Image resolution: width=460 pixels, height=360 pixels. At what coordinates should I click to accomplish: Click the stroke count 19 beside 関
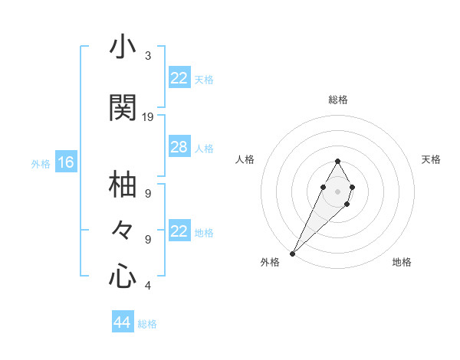[x=148, y=117]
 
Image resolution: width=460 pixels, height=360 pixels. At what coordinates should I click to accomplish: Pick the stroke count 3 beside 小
[x=148, y=56]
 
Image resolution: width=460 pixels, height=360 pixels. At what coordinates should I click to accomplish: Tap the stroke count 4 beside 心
[x=148, y=286]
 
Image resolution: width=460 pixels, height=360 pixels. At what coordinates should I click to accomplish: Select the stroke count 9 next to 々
[x=148, y=240]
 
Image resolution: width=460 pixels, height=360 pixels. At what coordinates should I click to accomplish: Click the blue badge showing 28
[x=179, y=147]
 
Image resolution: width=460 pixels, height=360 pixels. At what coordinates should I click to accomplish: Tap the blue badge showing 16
[x=65, y=162]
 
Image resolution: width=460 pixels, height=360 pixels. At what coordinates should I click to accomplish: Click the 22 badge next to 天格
[x=179, y=78]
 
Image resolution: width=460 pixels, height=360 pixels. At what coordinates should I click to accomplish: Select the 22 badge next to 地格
[x=179, y=231]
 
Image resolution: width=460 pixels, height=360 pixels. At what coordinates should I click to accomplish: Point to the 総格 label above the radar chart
[x=338, y=100]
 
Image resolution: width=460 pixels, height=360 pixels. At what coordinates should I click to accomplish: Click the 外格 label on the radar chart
[x=270, y=262]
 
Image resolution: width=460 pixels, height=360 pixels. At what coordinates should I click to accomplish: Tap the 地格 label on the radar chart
[x=402, y=262]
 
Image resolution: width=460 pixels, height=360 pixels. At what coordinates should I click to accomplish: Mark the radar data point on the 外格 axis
[x=292, y=254]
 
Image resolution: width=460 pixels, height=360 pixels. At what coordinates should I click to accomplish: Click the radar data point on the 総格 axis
[x=338, y=161]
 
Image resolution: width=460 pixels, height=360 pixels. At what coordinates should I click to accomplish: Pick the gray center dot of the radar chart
[x=338, y=191]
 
